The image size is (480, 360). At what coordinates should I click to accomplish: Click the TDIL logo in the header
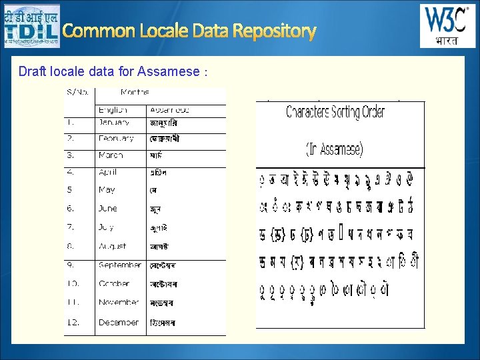(31, 26)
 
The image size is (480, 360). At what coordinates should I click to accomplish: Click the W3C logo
(447, 26)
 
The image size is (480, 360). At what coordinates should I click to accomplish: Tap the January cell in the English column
(114, 123)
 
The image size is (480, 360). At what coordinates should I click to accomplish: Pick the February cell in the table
(116, 139)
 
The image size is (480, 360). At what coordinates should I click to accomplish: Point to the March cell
(111, 155)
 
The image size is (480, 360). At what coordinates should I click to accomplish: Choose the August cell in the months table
(113, 246)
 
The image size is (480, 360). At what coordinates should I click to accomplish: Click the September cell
(120, 265)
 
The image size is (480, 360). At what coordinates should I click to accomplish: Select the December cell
(119, 322)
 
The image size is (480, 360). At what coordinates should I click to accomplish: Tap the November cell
(119, 302)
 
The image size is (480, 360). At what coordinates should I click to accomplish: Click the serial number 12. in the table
(72, 322)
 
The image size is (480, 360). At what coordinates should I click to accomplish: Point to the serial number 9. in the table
(70, 265)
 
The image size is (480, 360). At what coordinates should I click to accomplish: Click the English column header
(113, 110)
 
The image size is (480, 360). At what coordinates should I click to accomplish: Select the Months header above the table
(135, 92)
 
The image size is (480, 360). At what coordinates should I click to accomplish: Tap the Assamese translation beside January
(163, 123)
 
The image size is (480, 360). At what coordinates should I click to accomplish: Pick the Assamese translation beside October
(164, 284)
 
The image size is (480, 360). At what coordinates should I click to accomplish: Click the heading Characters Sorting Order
(335, 112)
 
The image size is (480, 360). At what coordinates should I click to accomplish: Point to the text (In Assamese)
(334, 149)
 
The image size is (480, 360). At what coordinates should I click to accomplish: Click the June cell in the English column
(108, 209)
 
